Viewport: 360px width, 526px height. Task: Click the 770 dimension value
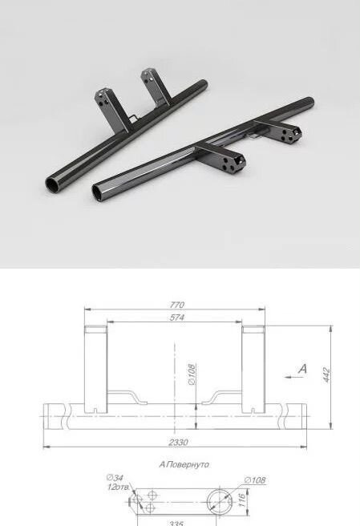point(177,305)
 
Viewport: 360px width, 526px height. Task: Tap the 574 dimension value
point(177,318)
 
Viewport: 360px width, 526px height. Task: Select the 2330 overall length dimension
point(178,442)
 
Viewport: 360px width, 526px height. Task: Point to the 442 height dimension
point(327,374)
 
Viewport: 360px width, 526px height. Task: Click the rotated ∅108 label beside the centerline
point(192,374)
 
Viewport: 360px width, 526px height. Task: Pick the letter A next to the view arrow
point(302,369)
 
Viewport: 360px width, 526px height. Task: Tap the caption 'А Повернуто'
point(184,464)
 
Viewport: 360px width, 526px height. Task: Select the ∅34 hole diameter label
point(115,478)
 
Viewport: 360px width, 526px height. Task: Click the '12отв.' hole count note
point(118,487)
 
